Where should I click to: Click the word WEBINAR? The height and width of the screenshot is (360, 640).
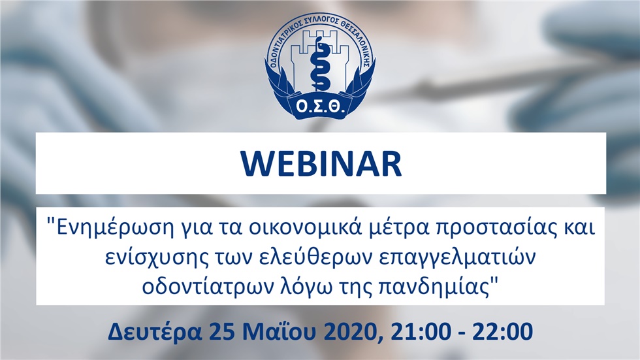pos(321,164)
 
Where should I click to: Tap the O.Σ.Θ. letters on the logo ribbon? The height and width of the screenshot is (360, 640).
pos(321,107)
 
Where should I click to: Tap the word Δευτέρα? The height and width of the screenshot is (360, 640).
pos(155,331)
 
